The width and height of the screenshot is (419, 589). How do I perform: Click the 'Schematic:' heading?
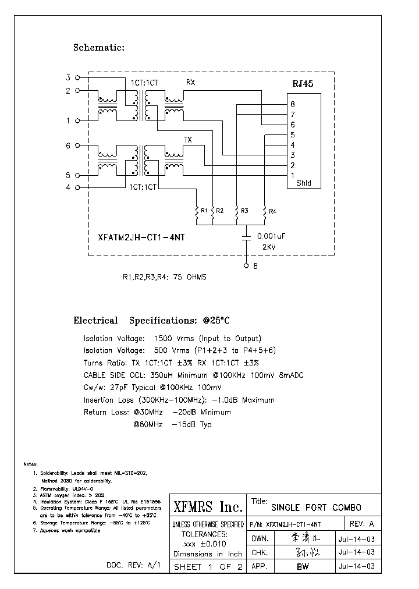[x=98, y=48]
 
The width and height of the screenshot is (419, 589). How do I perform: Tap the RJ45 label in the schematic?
[x=303, y=84]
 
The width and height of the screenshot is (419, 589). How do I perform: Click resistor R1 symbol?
[x=197, y=212]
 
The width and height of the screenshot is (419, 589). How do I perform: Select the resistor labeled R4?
[x=265, y=212]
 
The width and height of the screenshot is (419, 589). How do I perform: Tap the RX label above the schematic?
[x=190, y=82]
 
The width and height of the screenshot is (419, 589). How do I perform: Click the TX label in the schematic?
[x=188, y=140]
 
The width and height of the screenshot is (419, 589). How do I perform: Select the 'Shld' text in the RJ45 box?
[x=304, y=183]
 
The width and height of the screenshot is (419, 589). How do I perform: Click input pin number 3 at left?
[x=68, y=77]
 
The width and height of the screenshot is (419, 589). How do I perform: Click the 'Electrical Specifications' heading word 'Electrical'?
[x=95, y=321]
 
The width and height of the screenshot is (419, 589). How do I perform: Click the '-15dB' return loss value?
[x=184, y=424]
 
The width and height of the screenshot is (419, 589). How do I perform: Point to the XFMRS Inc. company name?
[x=208, y=508]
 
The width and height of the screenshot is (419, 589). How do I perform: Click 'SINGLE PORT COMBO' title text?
[x=316, y=508]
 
